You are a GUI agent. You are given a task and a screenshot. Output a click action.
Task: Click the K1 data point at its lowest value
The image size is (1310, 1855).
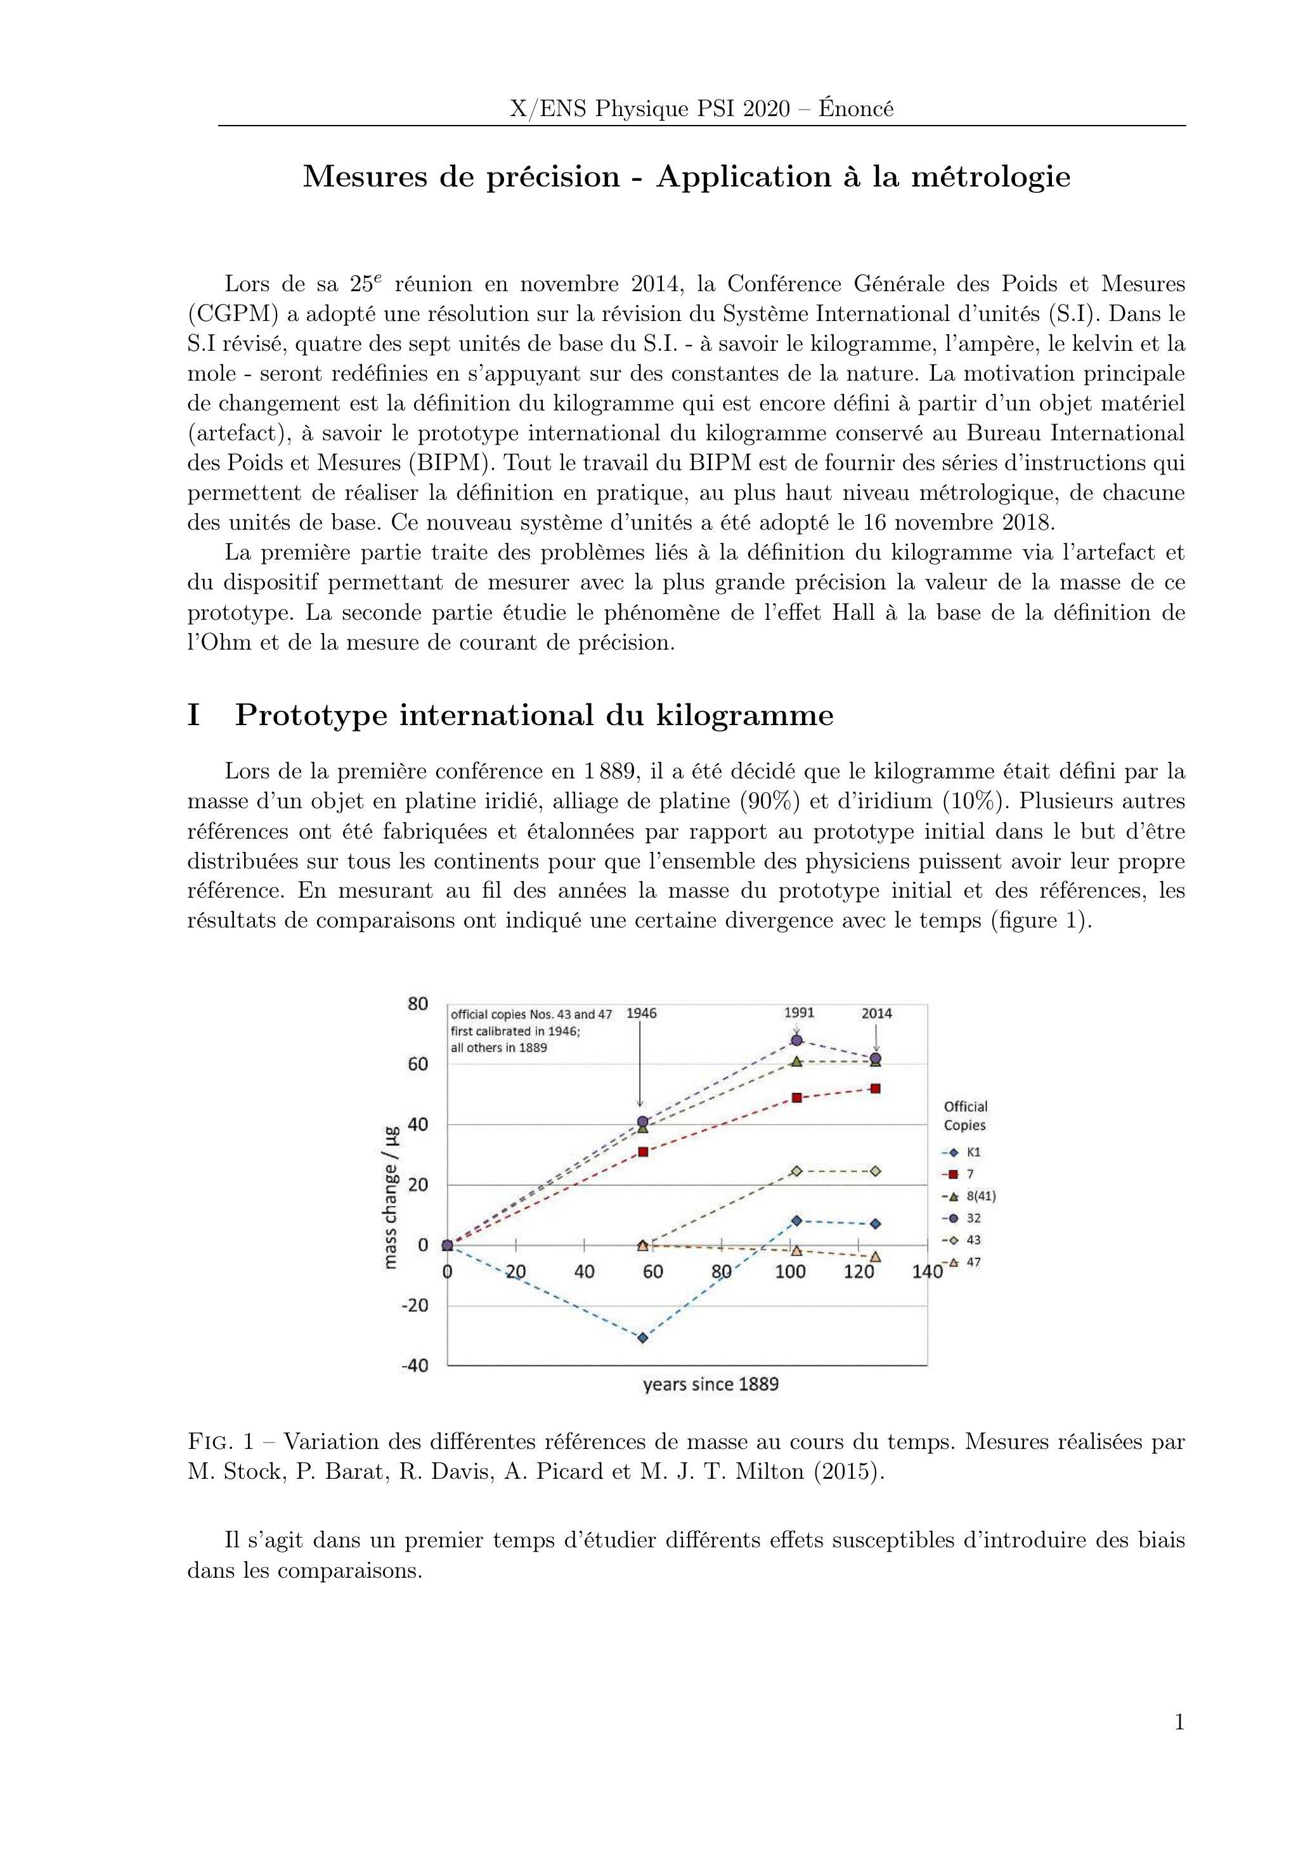[x=643, y=1338]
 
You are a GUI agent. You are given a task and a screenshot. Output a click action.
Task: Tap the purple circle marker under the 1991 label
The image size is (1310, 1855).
[x=796, y=1040]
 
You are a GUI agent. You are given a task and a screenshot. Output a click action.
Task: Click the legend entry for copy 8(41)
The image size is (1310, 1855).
[x=964, y=1196]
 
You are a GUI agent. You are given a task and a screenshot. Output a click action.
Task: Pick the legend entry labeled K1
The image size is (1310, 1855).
[x=963, y=1153]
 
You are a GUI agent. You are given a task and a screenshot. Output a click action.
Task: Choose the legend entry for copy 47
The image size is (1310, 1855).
[x=964, y=1262]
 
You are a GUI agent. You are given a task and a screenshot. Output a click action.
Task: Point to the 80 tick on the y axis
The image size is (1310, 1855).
[x=418, y=1004]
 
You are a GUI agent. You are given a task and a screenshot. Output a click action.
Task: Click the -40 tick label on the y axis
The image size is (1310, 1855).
[x=415, y=1365]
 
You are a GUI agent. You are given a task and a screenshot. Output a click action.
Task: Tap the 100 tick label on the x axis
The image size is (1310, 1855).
[x=790, y=1272]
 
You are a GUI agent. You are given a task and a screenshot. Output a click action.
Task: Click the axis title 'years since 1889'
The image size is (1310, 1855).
[x=711, y=1384]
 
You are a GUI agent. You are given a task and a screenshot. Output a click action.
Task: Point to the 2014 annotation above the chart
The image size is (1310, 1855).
[x=876, y=1013]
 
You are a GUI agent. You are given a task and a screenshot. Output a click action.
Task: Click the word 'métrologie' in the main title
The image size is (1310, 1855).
[x=991, y=177]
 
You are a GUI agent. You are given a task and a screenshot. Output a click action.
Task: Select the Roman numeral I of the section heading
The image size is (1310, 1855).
[x=194, y=716]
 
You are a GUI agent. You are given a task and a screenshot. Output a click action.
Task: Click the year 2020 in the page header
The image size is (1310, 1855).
[x=767, y=109]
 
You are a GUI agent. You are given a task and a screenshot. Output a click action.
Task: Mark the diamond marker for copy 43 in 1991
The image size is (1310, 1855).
[x=796, y=1170]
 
